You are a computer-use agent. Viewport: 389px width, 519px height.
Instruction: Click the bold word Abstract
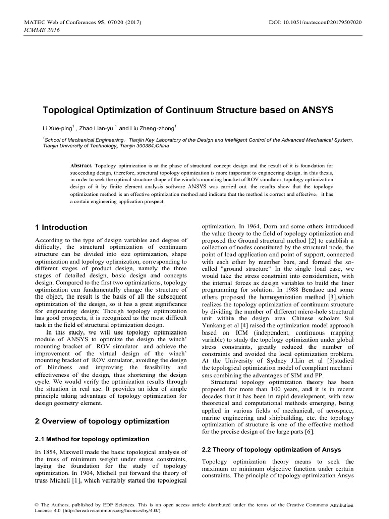81,166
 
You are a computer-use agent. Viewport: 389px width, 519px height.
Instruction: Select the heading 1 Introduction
61,227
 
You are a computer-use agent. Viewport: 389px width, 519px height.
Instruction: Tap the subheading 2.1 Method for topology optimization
92,439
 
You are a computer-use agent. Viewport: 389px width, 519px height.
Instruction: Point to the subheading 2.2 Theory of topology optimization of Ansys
271,450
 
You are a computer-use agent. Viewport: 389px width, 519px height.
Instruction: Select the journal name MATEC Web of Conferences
60,23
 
